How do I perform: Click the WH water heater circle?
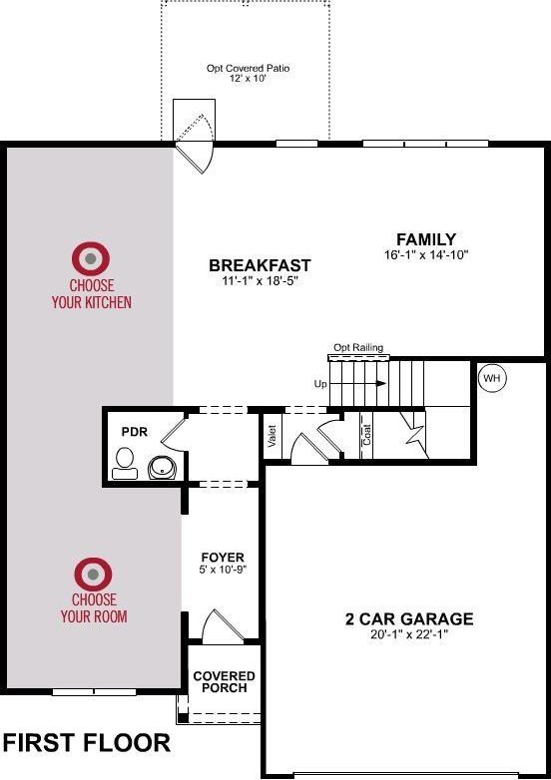492,378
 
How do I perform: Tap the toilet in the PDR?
125,463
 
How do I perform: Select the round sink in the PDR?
163,468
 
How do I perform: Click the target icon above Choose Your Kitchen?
91,258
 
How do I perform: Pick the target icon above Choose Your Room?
93,575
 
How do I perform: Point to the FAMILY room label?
426,239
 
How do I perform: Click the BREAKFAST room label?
260,265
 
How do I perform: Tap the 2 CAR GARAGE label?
409,618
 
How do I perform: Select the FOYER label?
223,558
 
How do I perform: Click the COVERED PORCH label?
224,682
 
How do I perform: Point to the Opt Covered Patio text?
248,68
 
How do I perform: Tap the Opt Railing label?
358,347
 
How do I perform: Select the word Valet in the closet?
272,436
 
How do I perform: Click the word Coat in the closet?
367,434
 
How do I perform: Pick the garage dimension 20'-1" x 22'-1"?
409,634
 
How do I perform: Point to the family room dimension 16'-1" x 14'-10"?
426,255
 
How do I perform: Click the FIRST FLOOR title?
87,743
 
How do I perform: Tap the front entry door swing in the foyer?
223,625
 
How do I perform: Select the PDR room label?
135,431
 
